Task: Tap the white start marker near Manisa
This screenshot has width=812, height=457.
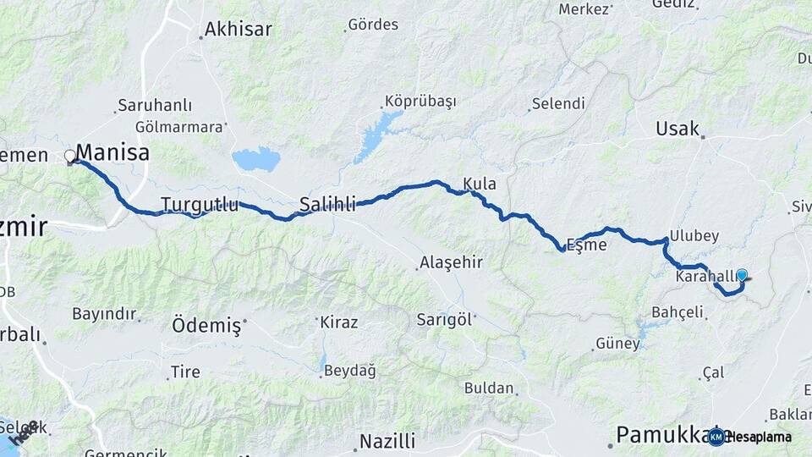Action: [x=70, y=156]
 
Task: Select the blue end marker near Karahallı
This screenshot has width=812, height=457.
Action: [x=742, y=275]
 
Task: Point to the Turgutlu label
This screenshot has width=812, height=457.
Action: [x=200, y=204]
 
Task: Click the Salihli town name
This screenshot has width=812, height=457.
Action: [x=328, y=204]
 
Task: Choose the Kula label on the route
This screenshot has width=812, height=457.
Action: [x=480, y=184]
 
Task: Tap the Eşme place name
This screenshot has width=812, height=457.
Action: [x=586, y=245]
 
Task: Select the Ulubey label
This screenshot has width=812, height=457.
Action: [x=694, y=235]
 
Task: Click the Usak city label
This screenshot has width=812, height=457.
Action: [x=678, y=129]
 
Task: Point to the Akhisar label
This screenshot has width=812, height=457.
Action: [x=238, y=30]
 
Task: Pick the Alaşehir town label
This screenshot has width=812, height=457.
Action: [x=453, y=262]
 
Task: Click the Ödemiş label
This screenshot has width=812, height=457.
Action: [x=206, y=325]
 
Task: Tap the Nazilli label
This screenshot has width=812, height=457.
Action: [x=387, y=441]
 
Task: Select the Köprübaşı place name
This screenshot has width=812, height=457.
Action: [x=420, y=101]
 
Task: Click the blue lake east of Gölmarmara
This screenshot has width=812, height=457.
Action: [x=255, y=158]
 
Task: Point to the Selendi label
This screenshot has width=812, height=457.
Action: [x=557, y=104]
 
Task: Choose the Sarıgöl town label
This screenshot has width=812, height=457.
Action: [x=445, y=320]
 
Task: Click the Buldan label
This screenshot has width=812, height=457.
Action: [x=489, y=388]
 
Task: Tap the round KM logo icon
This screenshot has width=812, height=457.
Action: [x=716, y=437]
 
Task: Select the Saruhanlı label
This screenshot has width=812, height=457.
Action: [x=155, y=106]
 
